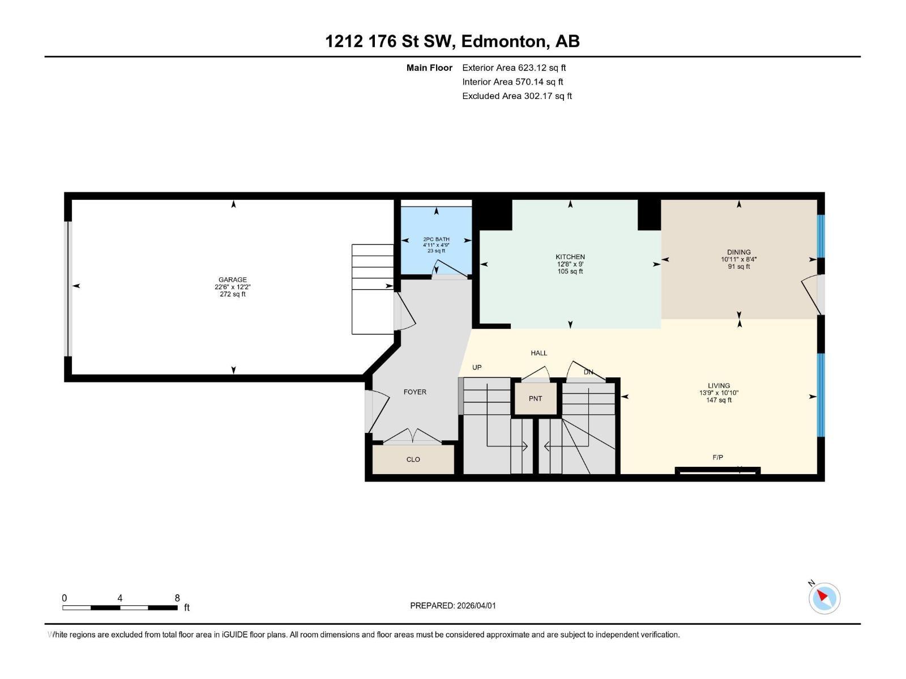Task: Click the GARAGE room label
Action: [233, 280]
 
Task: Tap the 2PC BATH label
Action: [436, 239]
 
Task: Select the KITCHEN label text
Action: [570, 257]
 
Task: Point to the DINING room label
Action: [739, 252]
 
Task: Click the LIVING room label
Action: [719, 385]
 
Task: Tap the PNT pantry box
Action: [536, 398]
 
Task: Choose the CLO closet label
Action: [413, 459]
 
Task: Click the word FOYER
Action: [415, 392]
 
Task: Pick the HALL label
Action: [539, 353]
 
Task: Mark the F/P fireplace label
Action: [717, 457]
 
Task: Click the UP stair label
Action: [477, 367]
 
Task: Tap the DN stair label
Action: [588, 372]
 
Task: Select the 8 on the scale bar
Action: [177, 598]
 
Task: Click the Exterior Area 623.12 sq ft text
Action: [514, 68]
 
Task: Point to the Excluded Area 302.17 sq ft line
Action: [517, 96]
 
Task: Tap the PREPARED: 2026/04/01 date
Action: [453, 605]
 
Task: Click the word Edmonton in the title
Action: [505, 41]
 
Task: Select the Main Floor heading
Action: [429, 68]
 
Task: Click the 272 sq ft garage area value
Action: [233, 294]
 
